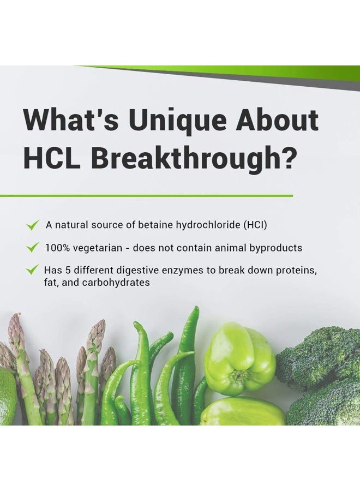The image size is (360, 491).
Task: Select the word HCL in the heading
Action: [52, 158]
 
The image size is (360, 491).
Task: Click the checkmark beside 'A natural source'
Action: [33, 225]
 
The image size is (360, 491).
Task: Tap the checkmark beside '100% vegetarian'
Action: [33, 248]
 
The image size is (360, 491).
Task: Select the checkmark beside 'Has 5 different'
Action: [33, 270]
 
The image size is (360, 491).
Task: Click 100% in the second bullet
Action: [57, 248]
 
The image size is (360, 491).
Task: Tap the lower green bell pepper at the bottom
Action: [243, 413]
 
